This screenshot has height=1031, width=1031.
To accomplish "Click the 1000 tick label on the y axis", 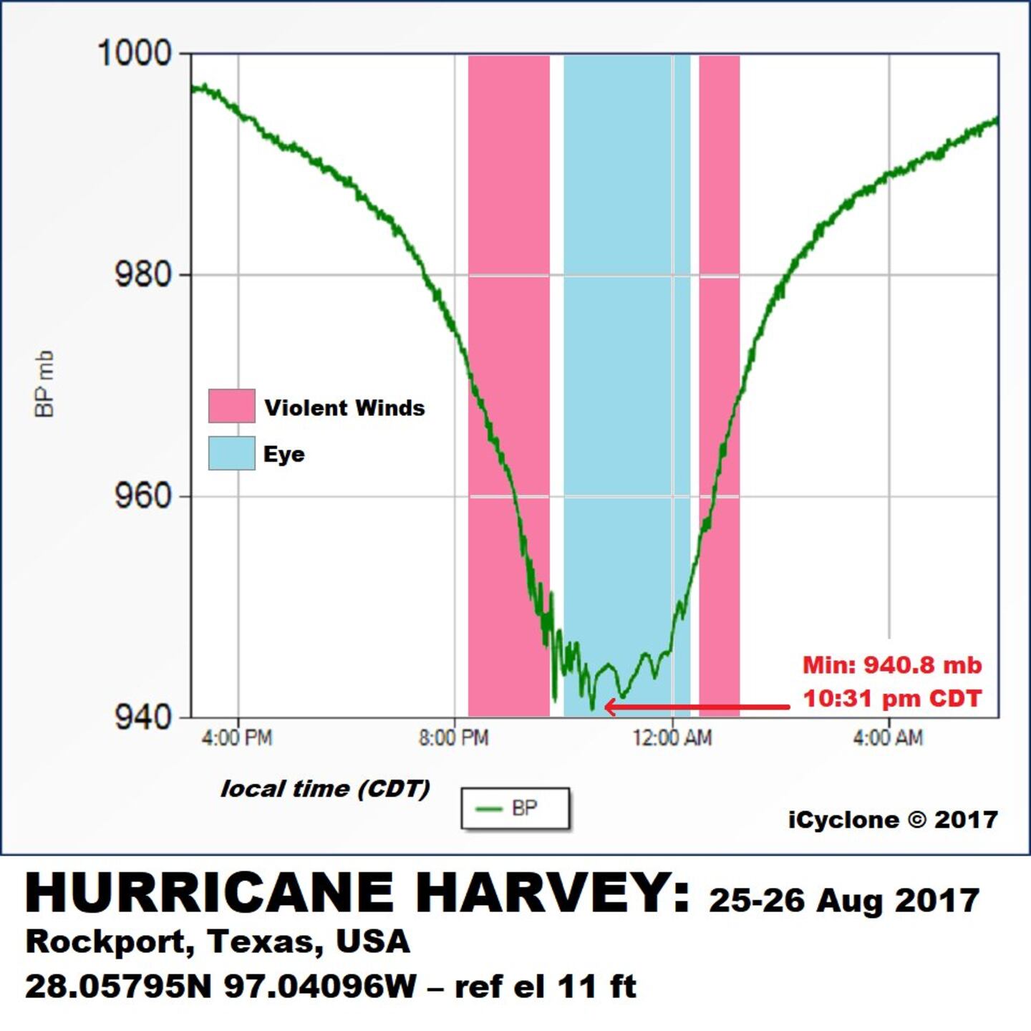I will pyautogui.click(x=135, y=54).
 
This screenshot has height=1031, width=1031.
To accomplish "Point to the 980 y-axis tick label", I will pyautogui.click(x=143, y=274).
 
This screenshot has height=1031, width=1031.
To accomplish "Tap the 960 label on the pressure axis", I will pyautogui.click(x=143, y=495).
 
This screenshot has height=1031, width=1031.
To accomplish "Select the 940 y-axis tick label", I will pyautogui.click(x=143, y=717).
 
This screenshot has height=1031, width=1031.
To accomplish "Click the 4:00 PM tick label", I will pyautogui.click(x=237, y=737).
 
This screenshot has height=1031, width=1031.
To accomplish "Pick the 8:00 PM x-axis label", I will pyautogui.click(x=454, y=737).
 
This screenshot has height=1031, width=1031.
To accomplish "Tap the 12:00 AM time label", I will pyautogui.click(x=672, y=737).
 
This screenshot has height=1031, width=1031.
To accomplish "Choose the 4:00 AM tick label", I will pyautogui.click(x=888, y=737).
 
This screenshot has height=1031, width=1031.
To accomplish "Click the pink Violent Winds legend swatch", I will pyautogui.click(x=231, y=406).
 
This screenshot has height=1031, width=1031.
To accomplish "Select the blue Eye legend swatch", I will pyautogui.click(x=231, y=453).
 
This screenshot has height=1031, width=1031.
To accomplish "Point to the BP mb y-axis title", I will pyautogui.click(x=44, y=384).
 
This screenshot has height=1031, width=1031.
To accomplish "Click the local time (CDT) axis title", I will pyautogui.click(x=325, y=789).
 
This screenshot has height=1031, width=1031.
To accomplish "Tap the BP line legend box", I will pyautogui.click(x=515, y=809).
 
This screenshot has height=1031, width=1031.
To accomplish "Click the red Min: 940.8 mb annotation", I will pyautogui.click(x=891, y=665).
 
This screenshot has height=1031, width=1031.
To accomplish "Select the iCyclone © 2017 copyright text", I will pyautogui.click(x=893, y=820).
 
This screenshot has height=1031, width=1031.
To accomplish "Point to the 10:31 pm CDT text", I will pyautogui.click(x=891, y=698).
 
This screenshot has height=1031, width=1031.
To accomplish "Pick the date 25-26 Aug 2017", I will pyautogui.click(x=844, y=901).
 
